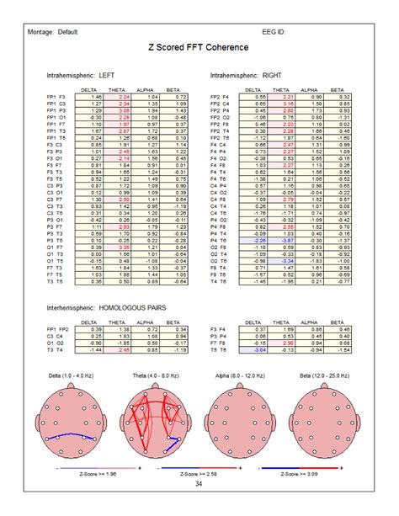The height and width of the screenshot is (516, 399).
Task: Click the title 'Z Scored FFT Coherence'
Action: pyautogui.click(x=199, y=50)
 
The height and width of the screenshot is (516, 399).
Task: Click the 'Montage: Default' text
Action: pyautogui.click(x=56, y=32)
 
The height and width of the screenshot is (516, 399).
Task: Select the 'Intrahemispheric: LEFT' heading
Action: pyautogui.click(x=82, y=75)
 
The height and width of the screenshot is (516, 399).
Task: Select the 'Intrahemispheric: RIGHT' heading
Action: pyautogui.click(x=247, y=75)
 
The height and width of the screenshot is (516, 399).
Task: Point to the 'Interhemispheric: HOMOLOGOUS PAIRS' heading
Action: pyautogui.click(x=108, y=309)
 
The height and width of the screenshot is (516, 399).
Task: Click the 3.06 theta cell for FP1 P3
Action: pyautogui.click(x=124, y=110)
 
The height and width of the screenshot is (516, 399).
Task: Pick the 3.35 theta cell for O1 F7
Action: pyautogui.click(x=124, y=247)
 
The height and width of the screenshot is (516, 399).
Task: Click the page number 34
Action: pyautogui.click(x=199, y=483)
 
